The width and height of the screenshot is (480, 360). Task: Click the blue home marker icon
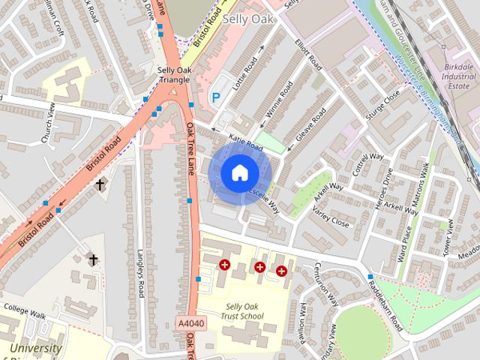[217, 172]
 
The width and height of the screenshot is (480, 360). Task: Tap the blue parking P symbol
[216, 97]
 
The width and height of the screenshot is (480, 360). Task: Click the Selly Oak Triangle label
[176, 75]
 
